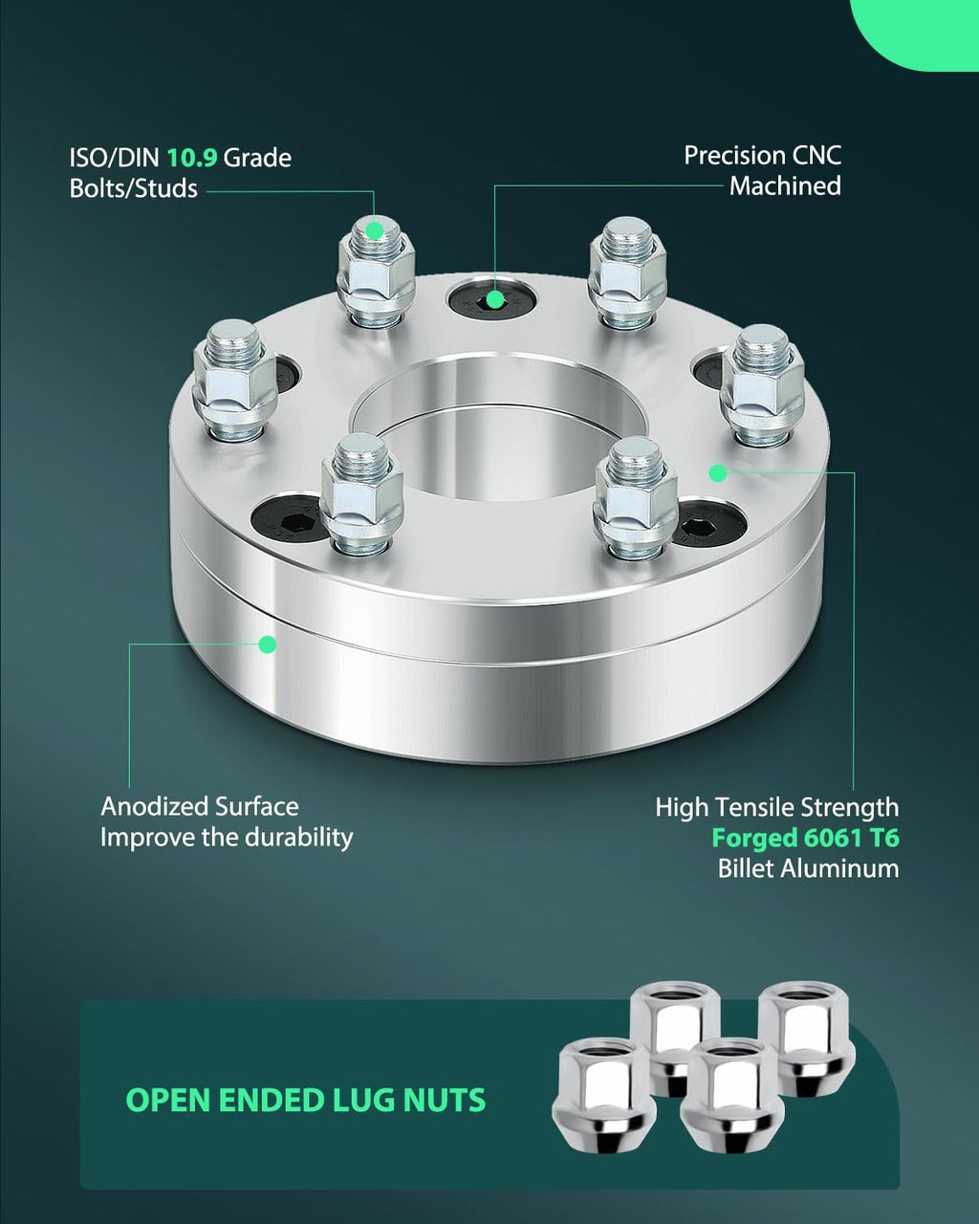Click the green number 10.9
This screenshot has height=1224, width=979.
click(192, 158)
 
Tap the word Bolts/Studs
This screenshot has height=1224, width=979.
click(134, 188)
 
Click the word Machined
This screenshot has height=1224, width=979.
click(785, 186)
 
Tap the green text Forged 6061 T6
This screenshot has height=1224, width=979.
click(806, 838)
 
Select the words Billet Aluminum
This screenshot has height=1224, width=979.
click(808, 868)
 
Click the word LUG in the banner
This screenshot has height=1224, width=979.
click(362, 1100)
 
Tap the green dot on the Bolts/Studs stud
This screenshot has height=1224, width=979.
click(375, 230)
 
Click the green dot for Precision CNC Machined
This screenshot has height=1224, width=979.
click(495, 298)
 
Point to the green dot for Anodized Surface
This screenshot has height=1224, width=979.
click(268, 645)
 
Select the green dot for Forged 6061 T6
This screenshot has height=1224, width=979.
click(718, 472)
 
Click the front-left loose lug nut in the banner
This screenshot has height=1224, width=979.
click(603, 1106)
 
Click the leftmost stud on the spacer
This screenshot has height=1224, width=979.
click(234, 379)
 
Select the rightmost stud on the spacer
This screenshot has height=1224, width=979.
click(762, 384)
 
